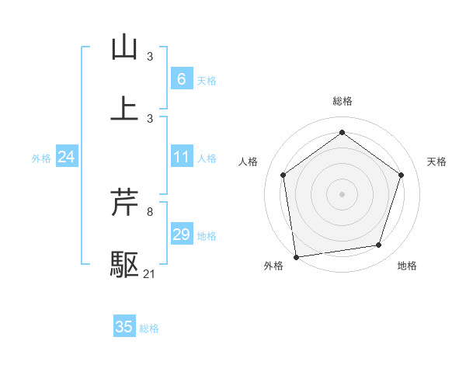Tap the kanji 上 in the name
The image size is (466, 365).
pyautogui.click(x=124, y=107)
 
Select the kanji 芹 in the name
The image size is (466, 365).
pyautogui.click(x=124, y=203)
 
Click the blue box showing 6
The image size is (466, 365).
pyautogui.click(x=181, y=78)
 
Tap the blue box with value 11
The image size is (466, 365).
pyautogui.click(x=181, y=157)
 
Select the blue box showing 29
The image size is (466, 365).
pyautogui.click(x=181, y=235)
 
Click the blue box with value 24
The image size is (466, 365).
pyautogui.click(x=66, y=157)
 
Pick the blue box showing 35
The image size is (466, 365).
pyautogui.click(x=124, y=327)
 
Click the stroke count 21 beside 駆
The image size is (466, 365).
pyautogui.click(x=150, y=274)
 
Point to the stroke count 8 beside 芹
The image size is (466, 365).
pyautogui.click(x=149, y=210)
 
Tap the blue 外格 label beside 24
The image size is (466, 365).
pyautogui.click(x=41, y=158)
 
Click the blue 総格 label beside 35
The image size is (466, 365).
pyautogui.click(x=149, y=328)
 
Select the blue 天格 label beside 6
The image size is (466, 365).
pyautogui.click(x=207, y=79)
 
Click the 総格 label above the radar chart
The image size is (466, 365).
pyautogui.click(x=343, y=101)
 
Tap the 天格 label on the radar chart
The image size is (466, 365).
pyautogui.click(x=436, y=162)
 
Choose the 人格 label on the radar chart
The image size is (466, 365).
pyautogui.click(x=248, y=162)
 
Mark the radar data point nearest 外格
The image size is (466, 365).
pyautogui.click(x=296, y=255)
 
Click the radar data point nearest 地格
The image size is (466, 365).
pyautogui.click(x=379, y=245)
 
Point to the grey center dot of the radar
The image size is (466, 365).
pyautogui.click(x=343, y=193)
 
